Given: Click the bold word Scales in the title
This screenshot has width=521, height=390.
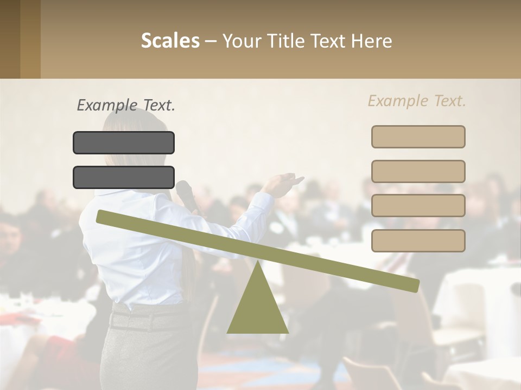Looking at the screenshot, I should click(170, 41).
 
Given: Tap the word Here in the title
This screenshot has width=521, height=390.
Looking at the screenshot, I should click(372, 41).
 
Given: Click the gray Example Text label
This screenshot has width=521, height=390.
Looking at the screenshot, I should click(126, 105).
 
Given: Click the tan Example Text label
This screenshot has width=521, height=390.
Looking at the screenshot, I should click(417, 101).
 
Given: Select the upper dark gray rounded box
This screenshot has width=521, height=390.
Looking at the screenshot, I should click(124, 142).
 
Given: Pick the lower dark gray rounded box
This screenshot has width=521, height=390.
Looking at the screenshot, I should click(124, 177).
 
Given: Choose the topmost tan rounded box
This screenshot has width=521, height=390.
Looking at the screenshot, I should click(418, 136).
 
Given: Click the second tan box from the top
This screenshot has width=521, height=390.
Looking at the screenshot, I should click(418, 171).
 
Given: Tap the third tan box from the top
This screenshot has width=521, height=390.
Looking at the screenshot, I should click(418, 205).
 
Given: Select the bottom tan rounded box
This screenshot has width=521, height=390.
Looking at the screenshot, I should click(418, 240).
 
